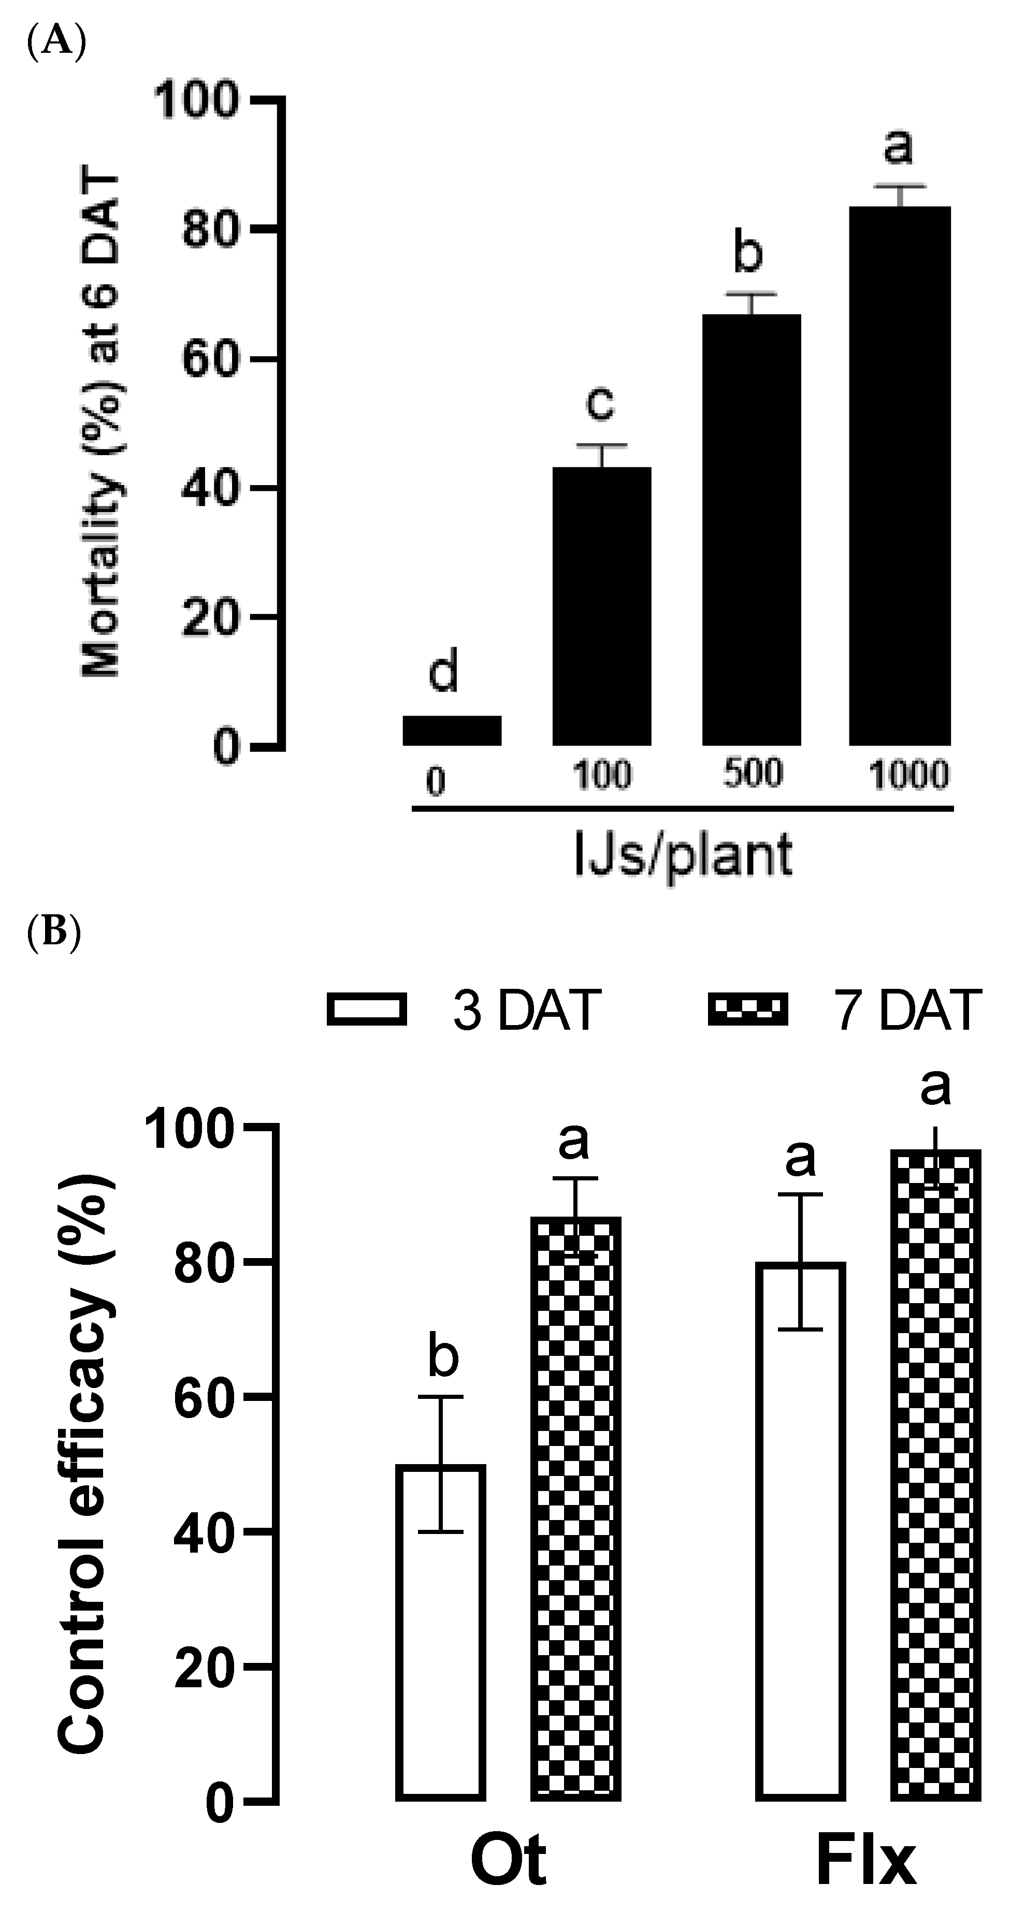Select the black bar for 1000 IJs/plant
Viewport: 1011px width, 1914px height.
[900, 476]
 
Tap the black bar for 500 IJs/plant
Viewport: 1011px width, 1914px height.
[752, 529]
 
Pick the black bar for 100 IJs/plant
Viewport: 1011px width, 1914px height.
[601, 606]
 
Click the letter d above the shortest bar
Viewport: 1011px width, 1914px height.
[444, 671]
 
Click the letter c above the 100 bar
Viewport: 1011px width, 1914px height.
[600, 403]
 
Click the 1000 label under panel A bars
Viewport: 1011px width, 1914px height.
[908, 775]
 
